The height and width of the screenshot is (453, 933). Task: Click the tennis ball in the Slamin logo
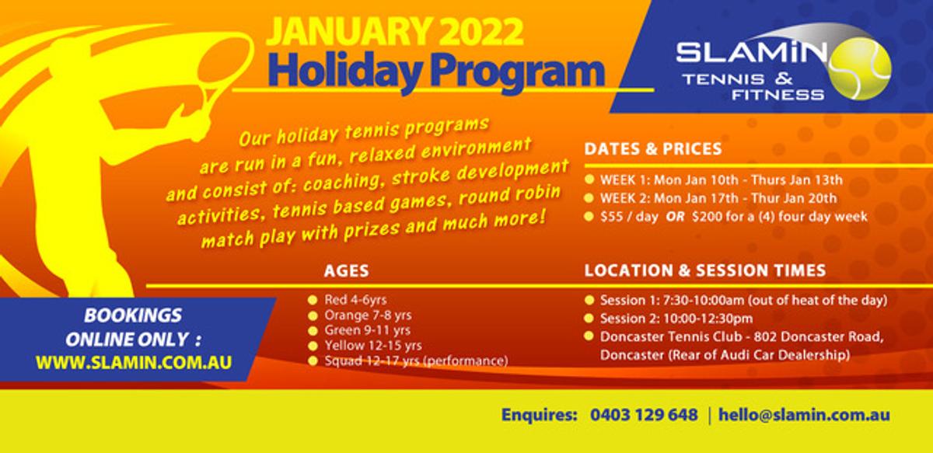[860, 68]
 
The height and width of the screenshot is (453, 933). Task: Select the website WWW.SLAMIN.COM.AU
[134, 362]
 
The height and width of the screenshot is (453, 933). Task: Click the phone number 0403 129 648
[644, 415]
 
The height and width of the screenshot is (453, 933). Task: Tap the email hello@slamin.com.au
[804, 415]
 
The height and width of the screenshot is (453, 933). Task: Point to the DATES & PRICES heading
[652, 149]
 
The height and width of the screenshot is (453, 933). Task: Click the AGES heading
[346, 271]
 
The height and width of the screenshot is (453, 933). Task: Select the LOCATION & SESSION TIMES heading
[704, 270]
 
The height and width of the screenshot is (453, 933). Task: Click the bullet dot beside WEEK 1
[589, 179]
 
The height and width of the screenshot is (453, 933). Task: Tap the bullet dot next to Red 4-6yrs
[313, 300]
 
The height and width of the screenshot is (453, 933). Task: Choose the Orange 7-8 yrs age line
[368, 315]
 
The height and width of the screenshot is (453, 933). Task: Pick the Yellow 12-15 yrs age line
[372, 346]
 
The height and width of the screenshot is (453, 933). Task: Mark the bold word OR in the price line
[675, 217]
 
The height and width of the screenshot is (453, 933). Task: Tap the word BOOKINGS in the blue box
[133, 315]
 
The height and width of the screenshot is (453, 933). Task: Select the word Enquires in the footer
[539, 415]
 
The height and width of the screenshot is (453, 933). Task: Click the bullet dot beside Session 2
[589, 318]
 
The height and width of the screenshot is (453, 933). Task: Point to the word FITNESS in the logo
[777, 95]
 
